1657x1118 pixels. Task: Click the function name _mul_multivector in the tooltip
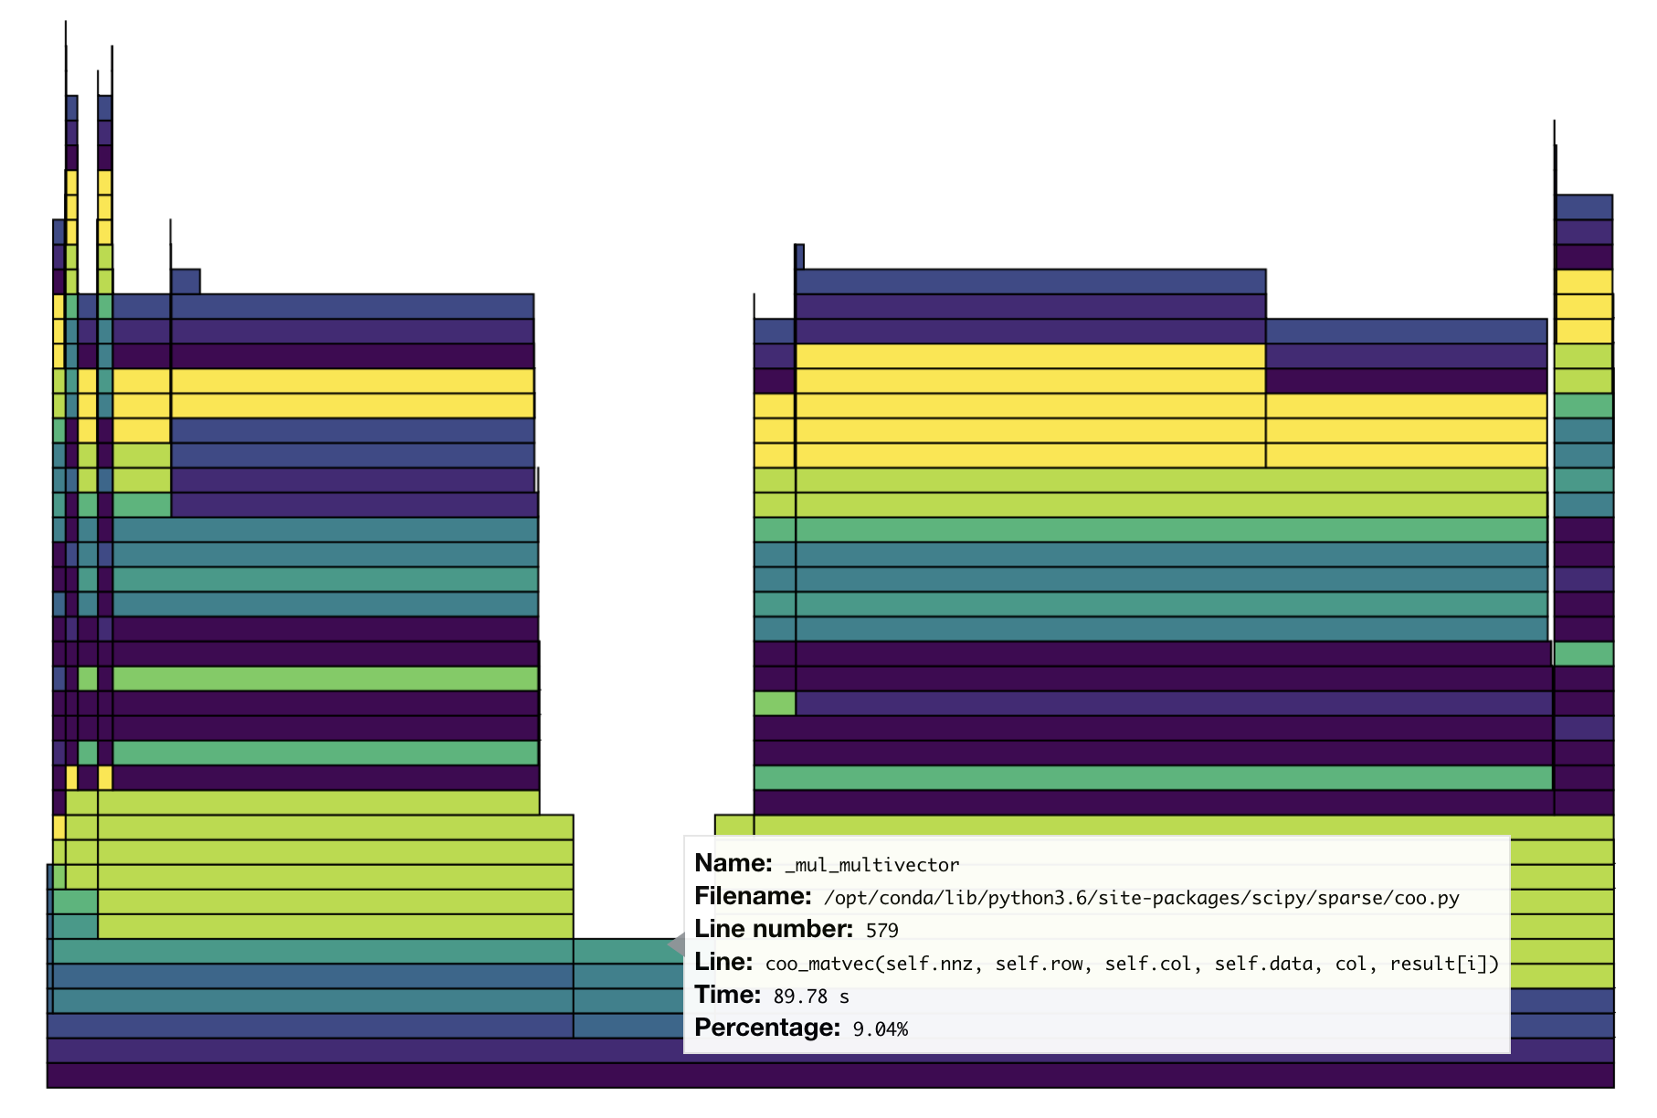(x=871, y=865)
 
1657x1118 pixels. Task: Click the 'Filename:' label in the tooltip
(x=753, y=896)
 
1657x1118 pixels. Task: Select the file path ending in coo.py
(x=1141, y=898)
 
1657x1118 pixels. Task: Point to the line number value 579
(x=881, y=931)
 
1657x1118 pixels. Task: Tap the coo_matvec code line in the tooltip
(x=1132, y=964)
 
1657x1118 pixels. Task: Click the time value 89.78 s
(x=810, y=997)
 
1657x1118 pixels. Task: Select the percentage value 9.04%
(x=880, y=1029)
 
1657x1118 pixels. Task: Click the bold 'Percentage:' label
(x=766, y=1028)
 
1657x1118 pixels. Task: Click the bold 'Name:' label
(x=734, y=863)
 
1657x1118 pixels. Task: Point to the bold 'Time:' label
(x=727, y=995)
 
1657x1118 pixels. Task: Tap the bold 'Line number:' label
(x=773, y=929)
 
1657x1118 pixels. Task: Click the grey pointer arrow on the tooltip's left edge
(x=677, y=944)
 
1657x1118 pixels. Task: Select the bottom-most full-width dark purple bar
(x=829, y=1075)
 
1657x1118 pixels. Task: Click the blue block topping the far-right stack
(x=1583, y=207)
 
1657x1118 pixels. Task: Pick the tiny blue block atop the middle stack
(x=799, y=257)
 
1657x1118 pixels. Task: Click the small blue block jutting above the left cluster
(x=185, y=281)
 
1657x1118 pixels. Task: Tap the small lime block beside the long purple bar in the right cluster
(x=775, y=703)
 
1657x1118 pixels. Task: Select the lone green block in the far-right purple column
(x=1583, y=654)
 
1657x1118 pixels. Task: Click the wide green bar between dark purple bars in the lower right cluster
(x=1153, y=777)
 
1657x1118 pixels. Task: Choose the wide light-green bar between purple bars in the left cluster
(x=325, y=679)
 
